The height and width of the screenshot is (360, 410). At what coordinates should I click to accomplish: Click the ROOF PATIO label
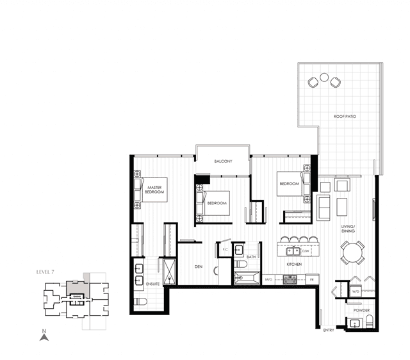coord(345,117)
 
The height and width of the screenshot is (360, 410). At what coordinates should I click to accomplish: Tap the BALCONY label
coord(223,161)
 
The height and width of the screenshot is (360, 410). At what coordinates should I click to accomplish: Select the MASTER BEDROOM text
coord(154,190)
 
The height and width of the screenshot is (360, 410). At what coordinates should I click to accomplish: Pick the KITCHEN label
coord(295,264)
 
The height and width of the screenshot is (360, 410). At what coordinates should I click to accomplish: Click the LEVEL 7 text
coord(45,273)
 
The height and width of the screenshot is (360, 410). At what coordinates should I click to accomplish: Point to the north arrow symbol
coord(44,335)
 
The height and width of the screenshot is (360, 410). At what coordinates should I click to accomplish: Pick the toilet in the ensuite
coord(141,302)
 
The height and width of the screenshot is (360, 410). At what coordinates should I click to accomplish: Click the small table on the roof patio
coord(325,80)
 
